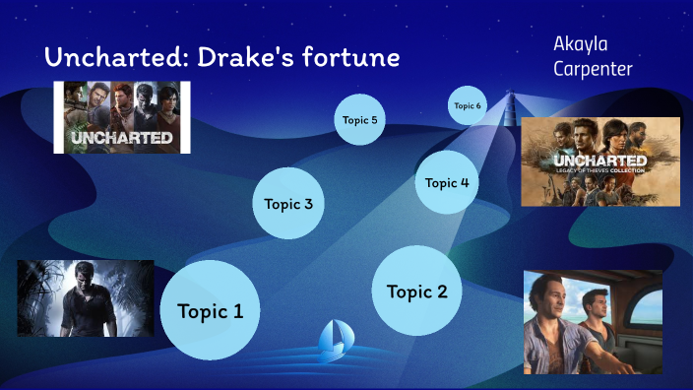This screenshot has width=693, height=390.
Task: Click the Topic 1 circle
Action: (209, 310)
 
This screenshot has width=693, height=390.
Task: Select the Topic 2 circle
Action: (417, 291)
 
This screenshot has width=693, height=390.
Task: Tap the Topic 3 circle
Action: (288, 204)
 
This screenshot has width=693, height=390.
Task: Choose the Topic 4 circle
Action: (447, 182)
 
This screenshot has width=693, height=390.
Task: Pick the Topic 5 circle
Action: (359, 120)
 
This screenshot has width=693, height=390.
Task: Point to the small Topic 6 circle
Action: (468, 105)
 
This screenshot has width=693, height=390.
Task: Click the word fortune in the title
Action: (350, 58)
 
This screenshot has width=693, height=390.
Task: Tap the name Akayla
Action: (584, 45)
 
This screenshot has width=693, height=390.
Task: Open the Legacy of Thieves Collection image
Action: (599, 162)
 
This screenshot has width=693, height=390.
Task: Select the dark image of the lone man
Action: (86, 298)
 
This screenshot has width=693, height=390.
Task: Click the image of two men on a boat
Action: (593, 322)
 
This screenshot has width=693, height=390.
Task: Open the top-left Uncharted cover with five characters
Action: (121, 117)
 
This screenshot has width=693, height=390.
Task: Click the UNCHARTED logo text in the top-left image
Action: (120, 137)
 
